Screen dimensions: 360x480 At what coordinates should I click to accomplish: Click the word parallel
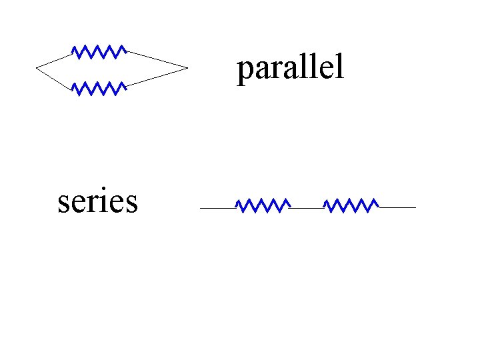coord(290,68)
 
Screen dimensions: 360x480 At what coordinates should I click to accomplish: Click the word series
coord(98,201)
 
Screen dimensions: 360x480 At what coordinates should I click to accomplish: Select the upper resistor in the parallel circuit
coord(99,52)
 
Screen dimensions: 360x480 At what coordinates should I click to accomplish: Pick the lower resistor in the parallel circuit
coord(99,89)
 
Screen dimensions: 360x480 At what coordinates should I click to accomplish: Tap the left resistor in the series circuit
coord(263,205)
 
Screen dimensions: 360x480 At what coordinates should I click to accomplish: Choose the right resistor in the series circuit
coord(351,205)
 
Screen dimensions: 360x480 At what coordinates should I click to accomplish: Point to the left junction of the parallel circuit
coord(36,67)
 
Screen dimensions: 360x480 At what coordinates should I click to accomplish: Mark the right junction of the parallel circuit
coord(187,67)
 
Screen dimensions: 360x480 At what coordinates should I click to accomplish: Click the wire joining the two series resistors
coord(307,208)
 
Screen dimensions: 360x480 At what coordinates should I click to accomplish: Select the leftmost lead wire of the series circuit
coord(218,208)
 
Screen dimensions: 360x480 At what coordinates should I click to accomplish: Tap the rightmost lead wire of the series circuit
coord(397,208)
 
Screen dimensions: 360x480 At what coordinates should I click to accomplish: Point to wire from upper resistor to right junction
coord(157,59)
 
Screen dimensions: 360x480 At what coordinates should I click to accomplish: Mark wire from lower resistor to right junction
coord(157,77)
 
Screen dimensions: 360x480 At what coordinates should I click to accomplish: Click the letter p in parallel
coord(244,71)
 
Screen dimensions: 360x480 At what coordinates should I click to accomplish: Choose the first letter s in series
coord(63,203)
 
